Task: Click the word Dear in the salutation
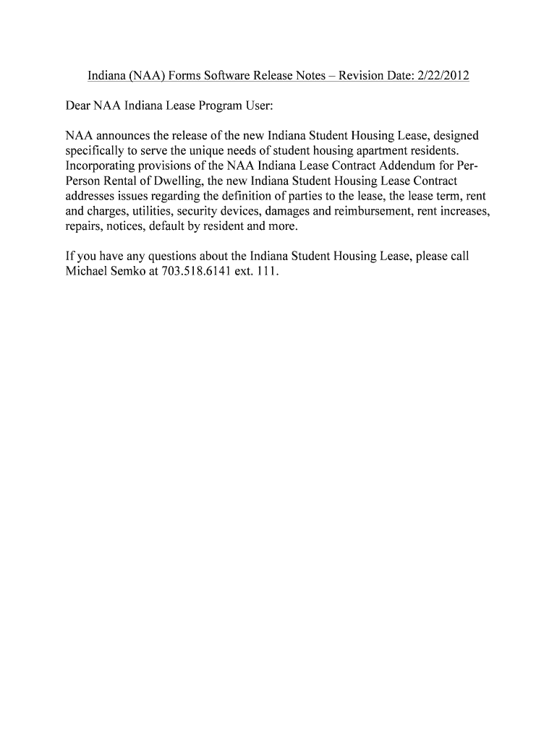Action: click(73, 106)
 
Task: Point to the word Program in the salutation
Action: click(218, 106)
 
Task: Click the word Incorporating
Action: click(101, 166)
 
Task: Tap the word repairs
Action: click(79, 227)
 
